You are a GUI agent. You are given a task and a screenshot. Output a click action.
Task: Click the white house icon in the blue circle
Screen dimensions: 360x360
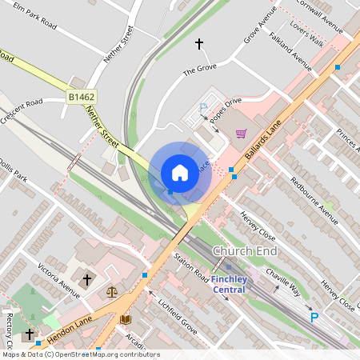point(180,172)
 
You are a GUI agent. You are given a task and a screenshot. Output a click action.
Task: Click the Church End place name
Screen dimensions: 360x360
point(245,251)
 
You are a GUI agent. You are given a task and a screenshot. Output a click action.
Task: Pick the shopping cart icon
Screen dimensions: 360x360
point(241,134)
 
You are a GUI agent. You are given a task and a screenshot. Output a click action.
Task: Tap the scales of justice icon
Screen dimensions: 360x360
point(111,291)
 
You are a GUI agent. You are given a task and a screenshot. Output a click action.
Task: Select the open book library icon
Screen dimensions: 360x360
point(125,318)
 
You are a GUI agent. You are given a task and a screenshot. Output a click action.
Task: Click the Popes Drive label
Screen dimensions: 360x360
point(225,111)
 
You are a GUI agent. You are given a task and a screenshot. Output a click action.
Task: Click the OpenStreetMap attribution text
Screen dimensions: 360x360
point(80,354)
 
